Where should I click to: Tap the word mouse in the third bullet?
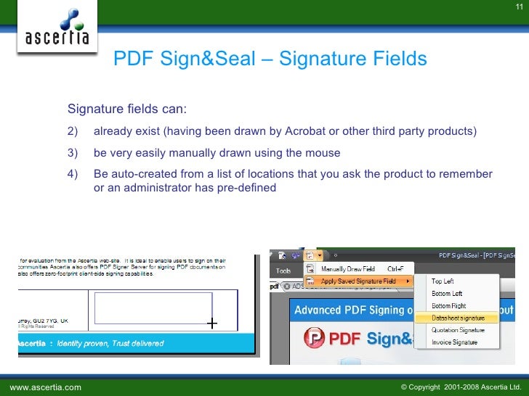pos(324,153)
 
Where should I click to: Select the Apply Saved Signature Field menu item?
pos(358,281)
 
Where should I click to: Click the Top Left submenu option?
pos(443,281)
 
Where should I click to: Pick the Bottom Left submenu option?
pos(447,294)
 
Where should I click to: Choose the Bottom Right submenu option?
pos(448,306)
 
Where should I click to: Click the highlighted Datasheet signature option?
pos(458,318)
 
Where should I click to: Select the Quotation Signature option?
pos(458,330)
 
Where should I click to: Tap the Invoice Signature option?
pos(455,342)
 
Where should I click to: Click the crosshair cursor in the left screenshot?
pos(212,323)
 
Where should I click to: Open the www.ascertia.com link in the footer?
pos(45,387)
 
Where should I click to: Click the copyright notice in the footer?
pos(461,387)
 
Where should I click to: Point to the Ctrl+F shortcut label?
pos(395,268)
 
